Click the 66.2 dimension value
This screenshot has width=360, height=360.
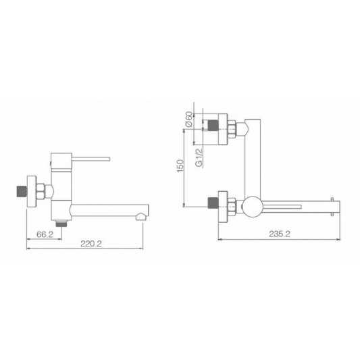tap(45, 234)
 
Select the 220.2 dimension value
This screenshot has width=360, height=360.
tap(91, 244)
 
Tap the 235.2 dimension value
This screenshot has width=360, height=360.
tap(280, 234)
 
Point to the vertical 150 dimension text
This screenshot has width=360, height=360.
tap(180, 165)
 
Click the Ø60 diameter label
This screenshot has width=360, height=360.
tap(188, 120)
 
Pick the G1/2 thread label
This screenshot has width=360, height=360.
tap(199, 157)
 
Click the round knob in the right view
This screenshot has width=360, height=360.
tap(253, 207)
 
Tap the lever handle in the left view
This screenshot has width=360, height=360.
tap(91, 159)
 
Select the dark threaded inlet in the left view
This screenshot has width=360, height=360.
tap(22, 191)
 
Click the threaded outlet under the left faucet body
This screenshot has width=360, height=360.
tap(61, 223)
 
